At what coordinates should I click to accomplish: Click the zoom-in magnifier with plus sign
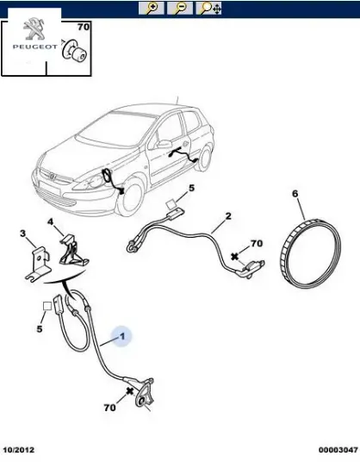(x=152, y=9)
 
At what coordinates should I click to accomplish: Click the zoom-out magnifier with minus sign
(x=179, y=9)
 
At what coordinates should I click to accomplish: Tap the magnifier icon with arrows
(x=208, y=9)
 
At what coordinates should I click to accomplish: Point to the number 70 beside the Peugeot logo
(x=84, y=28)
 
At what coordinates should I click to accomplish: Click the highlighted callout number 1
(x=122, y=337)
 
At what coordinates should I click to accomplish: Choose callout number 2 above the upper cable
(x=227, y=216)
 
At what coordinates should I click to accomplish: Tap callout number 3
(x=22, y=234)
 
